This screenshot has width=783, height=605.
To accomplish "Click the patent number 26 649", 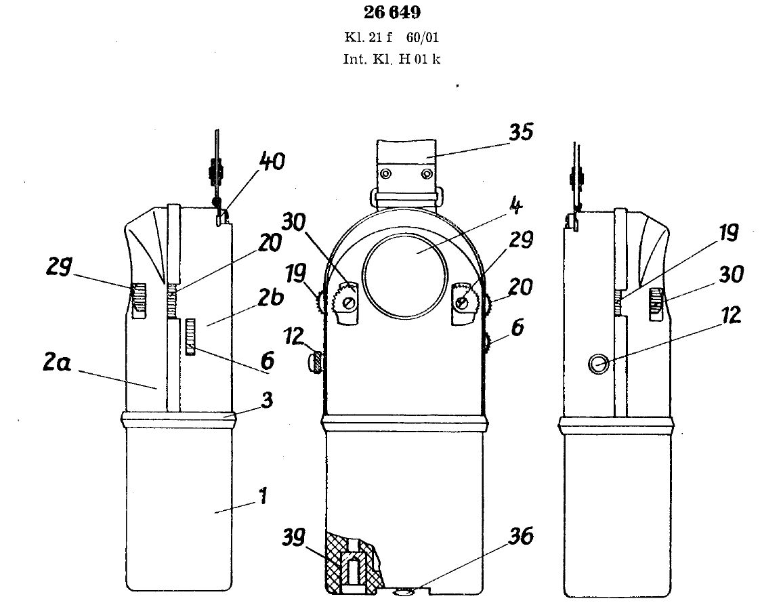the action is pyautogui.click(x=392, y=12).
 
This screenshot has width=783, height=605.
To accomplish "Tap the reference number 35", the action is pyautogui.click(x=521, y=132).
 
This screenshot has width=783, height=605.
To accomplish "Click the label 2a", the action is pyautogui.click(x=57, y=362).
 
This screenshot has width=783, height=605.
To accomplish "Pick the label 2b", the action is pyautogui.click(x=271, y=297).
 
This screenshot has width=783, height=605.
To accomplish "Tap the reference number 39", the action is pyautogui.click(x=295, y=537).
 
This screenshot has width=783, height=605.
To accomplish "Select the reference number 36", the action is pyautogui.click(x=521, y=536).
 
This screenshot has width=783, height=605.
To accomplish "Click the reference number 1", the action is pyautogui.click(x=263, y=496).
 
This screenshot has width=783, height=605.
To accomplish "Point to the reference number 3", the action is pyautogui.click(x=267, y=400).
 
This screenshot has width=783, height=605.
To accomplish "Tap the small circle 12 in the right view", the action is pyautogui.click(x=598, y=364).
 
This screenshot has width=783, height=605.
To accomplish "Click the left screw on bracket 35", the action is pyautogui.click(x=385, y=174).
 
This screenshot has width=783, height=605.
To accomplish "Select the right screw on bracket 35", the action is pyautogui.click(x=427, y=174).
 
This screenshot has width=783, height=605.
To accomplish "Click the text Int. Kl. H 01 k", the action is pyautogui.click(x=392, y=59).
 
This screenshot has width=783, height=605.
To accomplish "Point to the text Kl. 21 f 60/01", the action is pyautogui.click(x=392, y=37).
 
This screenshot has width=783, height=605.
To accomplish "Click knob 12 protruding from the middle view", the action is pyautogui.click(x=316, y=361).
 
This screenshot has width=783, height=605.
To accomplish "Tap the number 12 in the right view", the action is pyautogui.click(x=731, y=315).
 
